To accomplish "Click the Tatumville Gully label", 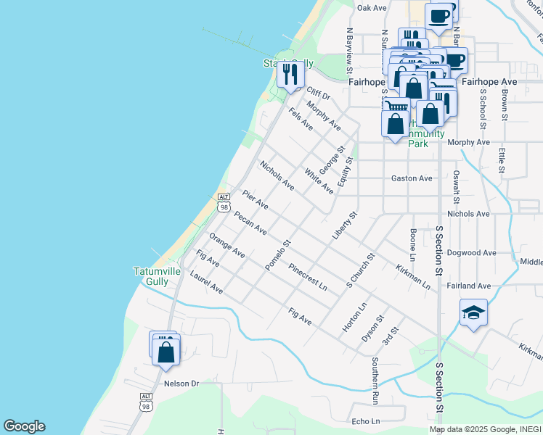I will (157, 276).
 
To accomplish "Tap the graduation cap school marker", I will (473, 312).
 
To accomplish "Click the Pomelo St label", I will (277, 255).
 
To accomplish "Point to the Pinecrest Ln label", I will (308, 277).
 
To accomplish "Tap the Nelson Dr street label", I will (181, 384).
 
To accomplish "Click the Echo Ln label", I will (365, 421).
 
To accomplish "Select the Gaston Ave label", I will (412, 178).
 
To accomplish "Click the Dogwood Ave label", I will (472, 253).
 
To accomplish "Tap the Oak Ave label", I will (371, 7).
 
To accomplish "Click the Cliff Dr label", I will (318, 94).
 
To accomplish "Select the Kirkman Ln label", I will (413, 278).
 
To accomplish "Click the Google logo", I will (24, 426).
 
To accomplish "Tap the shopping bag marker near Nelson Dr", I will (166, 352).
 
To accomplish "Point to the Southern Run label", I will (375, 381).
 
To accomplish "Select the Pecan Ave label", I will (250, 224).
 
